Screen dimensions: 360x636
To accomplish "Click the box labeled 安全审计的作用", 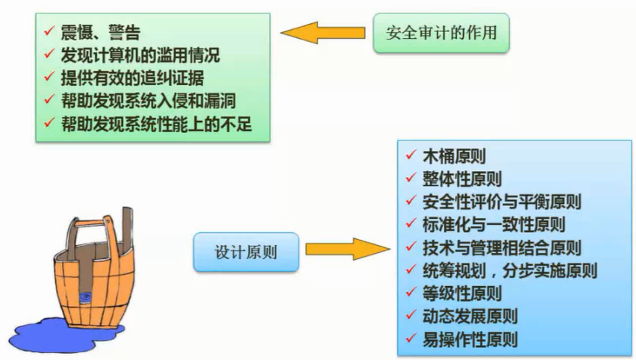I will pyautogui.click(x=441, y=33).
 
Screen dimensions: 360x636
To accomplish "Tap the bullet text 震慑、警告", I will pyautogui.click(x=102, y=32).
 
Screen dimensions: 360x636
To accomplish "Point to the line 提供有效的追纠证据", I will pyautogui.click(x=131, y=77).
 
